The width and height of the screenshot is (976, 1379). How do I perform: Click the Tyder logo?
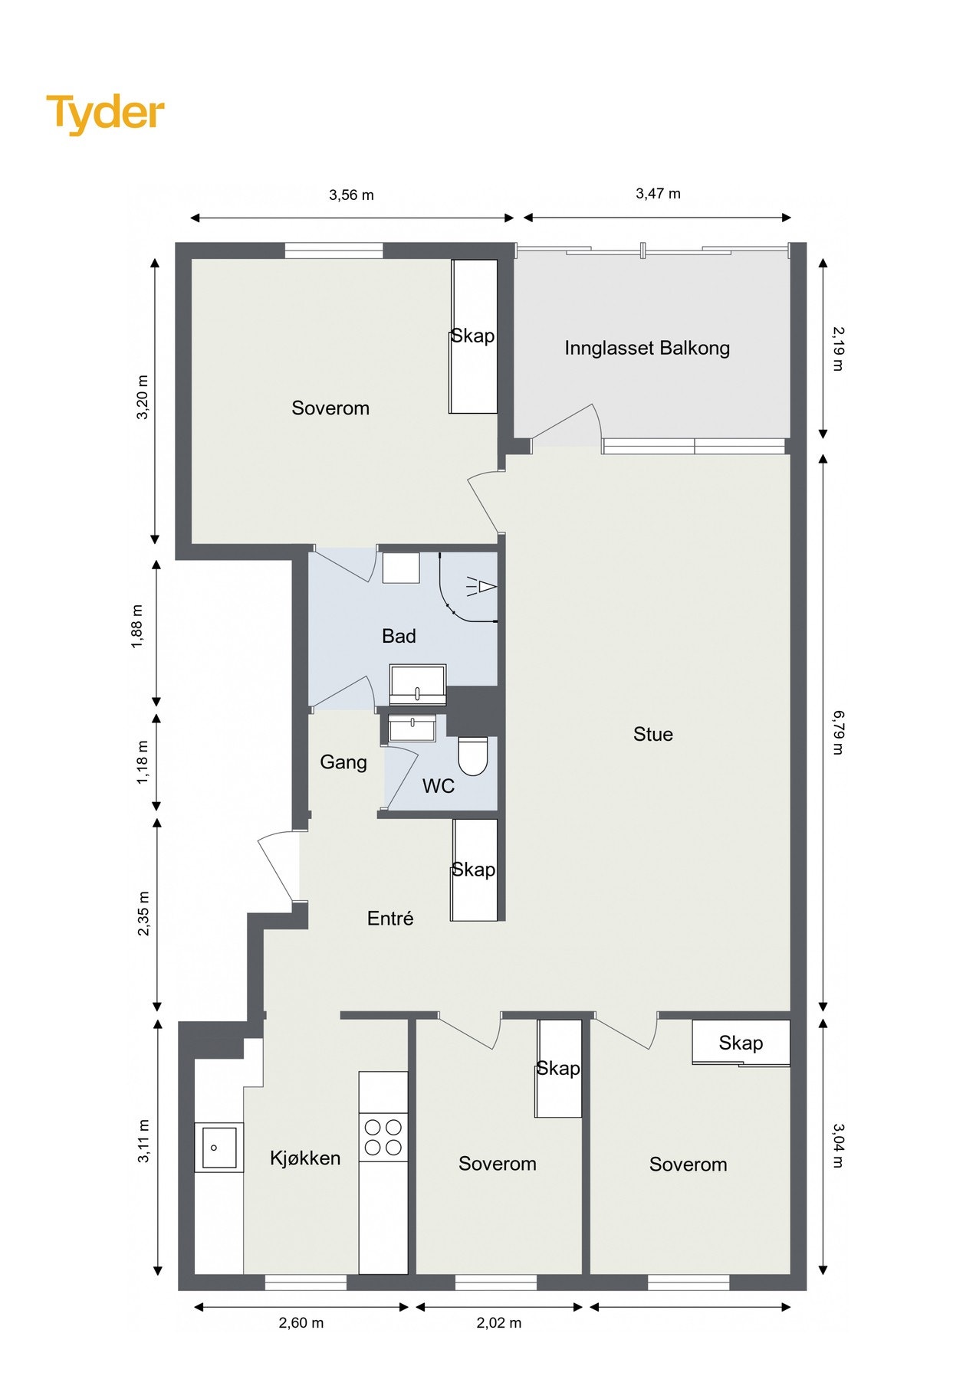pos(105,113)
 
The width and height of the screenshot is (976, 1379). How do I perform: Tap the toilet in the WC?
pos(472,756)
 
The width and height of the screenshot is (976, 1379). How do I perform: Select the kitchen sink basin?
pos(219,1147)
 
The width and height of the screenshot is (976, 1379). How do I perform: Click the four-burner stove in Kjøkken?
pos(383,1137)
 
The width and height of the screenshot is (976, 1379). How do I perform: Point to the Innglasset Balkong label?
pos(646,349)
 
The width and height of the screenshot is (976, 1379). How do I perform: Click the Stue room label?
pos(652,735)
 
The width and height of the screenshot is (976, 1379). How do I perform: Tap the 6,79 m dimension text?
pos(837,732)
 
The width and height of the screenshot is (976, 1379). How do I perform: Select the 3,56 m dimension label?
pos(351,195)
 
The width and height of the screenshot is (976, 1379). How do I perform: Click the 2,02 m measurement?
pos(498,1323)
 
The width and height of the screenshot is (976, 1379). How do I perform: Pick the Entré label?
pos(389,919)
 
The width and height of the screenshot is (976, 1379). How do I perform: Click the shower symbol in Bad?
pos(481,588)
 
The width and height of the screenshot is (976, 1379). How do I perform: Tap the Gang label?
pos(343,762)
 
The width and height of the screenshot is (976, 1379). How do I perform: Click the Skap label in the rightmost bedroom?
pos(740,1043)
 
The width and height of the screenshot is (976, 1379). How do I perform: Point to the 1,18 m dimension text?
pos(143,762)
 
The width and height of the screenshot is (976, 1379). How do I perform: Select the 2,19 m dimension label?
pos(837,349)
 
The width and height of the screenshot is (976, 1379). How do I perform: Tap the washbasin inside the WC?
pos(412,728)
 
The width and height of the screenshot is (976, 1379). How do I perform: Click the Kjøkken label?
pos(304,1158)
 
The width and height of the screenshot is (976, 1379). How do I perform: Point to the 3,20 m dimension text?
pos(143,397)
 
